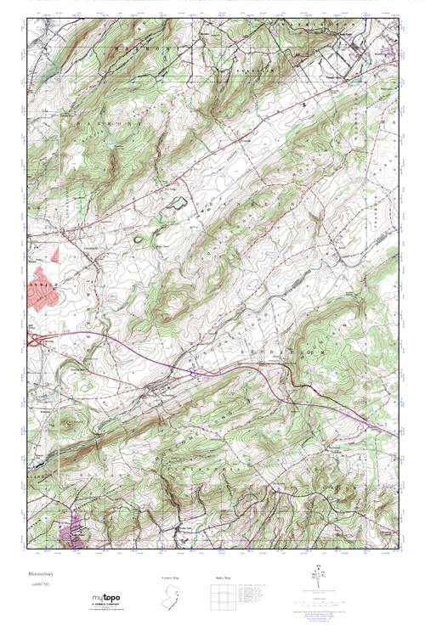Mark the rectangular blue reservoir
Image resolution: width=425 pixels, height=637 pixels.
pos(178,203)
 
